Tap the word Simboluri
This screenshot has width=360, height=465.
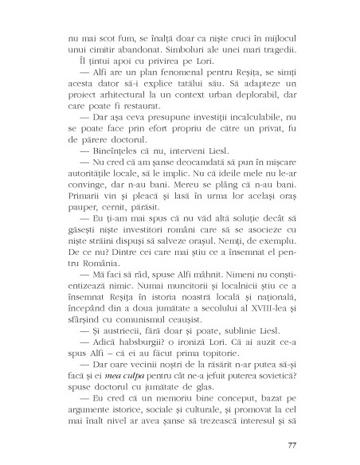[180, 47]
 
